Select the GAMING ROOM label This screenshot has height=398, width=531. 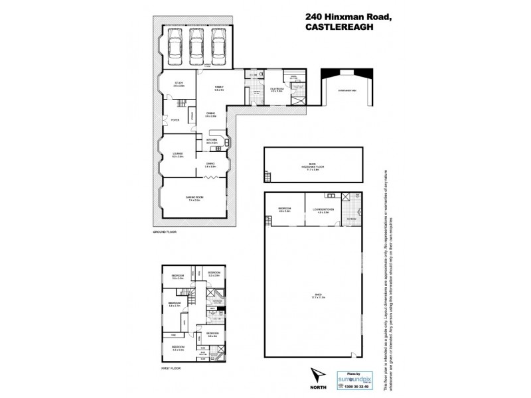[x=193, y=198]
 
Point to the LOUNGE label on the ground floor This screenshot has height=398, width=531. [x=178, y=155]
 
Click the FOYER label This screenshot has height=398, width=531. [x=175, y=120]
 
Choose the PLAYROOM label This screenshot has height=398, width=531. [x=277, y=89]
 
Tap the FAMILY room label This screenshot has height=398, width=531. [x=218, y=88]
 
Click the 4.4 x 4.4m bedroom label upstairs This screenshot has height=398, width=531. [x=178, y=348]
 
